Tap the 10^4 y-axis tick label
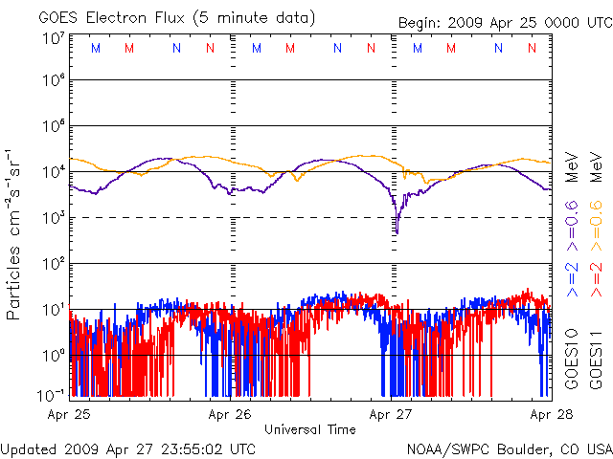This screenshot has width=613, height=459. tap(53, 172)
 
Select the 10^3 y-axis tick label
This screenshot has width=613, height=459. tap(53, 218)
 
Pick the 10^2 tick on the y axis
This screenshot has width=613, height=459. tap(53, 264)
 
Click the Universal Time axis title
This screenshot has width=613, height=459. tap(310, 429)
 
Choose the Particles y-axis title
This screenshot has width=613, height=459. tap(15, 233)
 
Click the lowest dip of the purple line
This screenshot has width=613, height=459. tap(397, 232)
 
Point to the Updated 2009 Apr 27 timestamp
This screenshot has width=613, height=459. tap(128, 448)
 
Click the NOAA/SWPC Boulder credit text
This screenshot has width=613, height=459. tap(509, 448)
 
